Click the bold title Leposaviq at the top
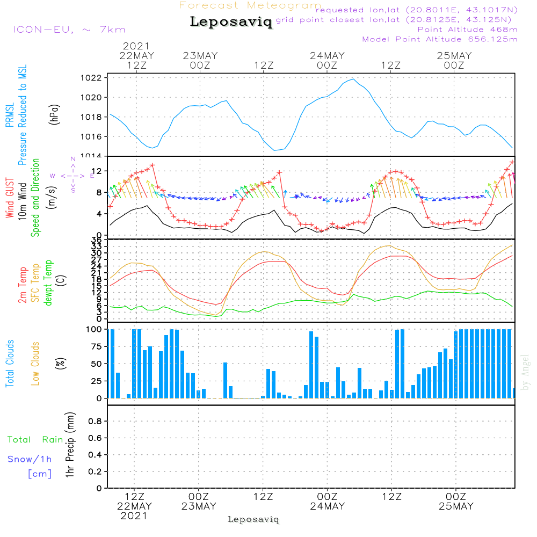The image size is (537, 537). click(x=231, y=22)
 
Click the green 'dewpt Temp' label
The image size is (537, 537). click(x=49, y=283)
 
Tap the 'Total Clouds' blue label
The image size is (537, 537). click(x=10, y=364)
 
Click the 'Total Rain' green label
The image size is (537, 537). click(x=35, y=440)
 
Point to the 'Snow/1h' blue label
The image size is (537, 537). click(x=30, y=459)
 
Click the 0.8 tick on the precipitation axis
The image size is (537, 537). click(x=95, y=422)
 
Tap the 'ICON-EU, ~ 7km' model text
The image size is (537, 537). click(x=69, y=30)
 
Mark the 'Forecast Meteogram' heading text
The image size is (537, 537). click(x=250, y=5)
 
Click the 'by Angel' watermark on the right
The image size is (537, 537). click(x=525, y=372)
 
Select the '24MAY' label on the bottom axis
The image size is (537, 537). click(x=327, y=506)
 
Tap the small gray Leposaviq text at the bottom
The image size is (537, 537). click(x=253, y=519)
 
